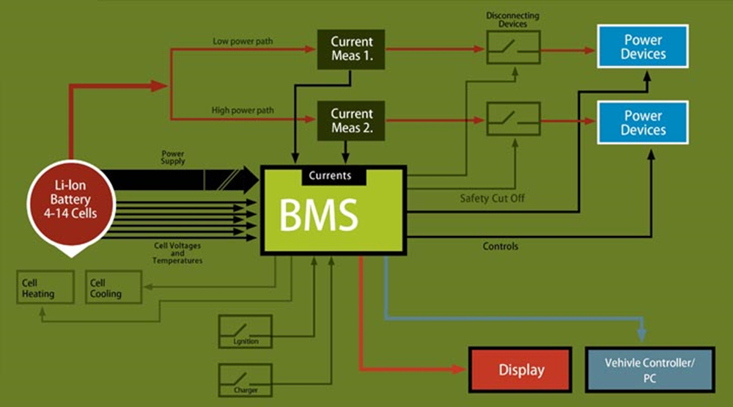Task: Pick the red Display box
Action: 521,370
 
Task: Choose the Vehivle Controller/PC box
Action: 649,370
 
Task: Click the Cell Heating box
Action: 45,287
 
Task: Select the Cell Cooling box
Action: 114,287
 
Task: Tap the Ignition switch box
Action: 246,331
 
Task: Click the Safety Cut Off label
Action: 492,198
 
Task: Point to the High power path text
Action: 243,110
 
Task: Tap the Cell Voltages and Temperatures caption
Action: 177,252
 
